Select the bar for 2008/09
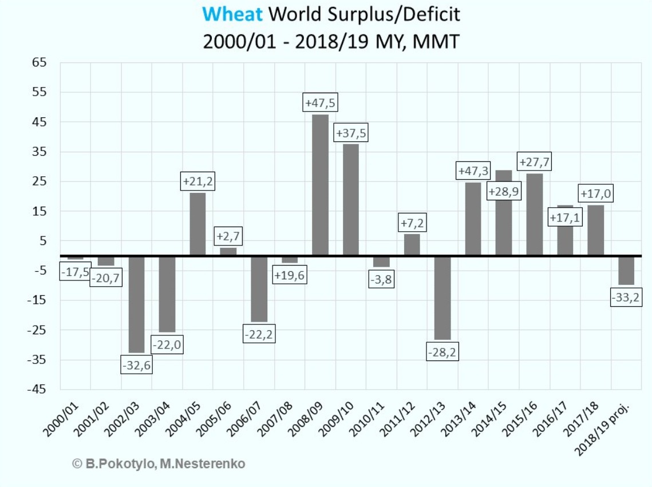tap(321, 185)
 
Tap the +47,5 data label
tap(321, 103)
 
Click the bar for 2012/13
tap(442, 298)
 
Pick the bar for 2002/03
tap(136, 304)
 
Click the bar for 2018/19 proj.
tap(626, 270)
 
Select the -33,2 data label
tap(626, 298)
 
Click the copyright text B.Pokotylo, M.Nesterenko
tap(159, 464)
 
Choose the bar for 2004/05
tap(197, 224)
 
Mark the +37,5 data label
tap(351, 133)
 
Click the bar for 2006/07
tap(259, 288)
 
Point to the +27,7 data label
tap(534, 162)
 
